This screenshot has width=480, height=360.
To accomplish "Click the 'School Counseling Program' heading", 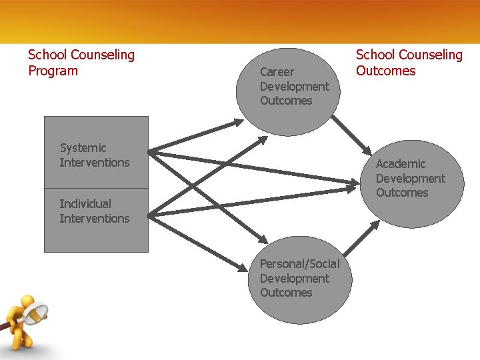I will pyautogui.click(x=81, y=63).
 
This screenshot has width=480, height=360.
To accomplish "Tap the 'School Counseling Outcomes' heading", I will pyautogui.click(x=409, y=63).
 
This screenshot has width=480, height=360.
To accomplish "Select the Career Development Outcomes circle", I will pyautogui.click(x=287, y=91).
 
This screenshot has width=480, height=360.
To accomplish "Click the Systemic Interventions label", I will pyautogui.click(x=94, y=155).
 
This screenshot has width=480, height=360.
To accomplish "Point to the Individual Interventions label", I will pyautogui.click(x=94, y=211).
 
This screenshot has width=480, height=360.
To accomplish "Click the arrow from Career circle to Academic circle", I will pyautogui.click(x=353, y=136).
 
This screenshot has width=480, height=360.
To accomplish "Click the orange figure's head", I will pyautogui.click(x=27, y=303).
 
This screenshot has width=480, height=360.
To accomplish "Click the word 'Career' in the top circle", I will pyautogui.click(x=277, y=71).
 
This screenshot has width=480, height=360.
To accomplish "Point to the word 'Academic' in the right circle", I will pyautogui.click(x=400, y=164).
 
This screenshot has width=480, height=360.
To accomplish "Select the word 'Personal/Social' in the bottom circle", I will pyautogui.click(x=299, y=264).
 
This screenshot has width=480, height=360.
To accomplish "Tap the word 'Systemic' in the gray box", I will pyautogui.click(x=83, y=148).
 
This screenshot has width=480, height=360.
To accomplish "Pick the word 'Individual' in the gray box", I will pyautogui.click(x=85, y=204).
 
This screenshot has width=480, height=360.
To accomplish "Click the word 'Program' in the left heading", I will pyautogui.click(x=53, y=71).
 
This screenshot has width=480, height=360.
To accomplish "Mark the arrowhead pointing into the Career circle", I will pyautogui.click(x=239, y=123).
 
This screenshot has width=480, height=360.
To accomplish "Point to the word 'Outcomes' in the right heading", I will pyautogui.click(x=385, y=71).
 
